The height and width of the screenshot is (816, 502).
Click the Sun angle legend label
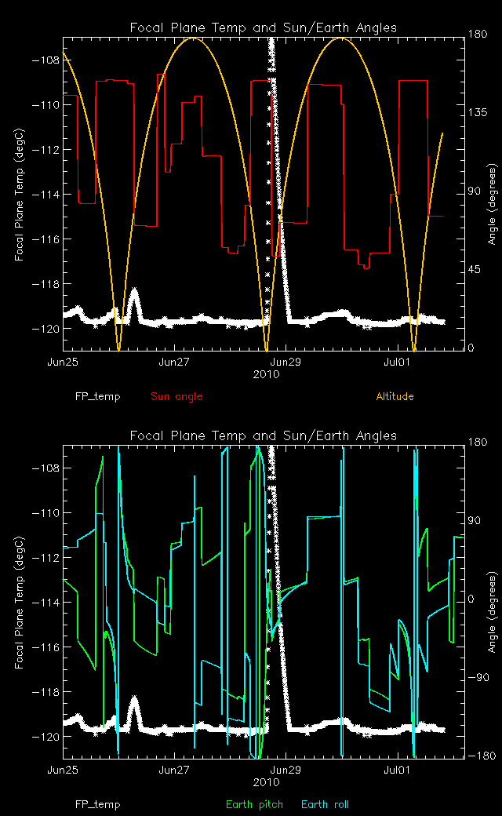tap(176, 396)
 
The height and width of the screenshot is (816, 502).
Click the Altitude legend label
tap(395, 396)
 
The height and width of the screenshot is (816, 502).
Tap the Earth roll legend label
tap(325, 804)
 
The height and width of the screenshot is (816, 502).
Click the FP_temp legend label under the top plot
tap(97, 396)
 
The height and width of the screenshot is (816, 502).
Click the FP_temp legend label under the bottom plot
tap(97, 804)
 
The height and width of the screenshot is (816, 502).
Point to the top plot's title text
tap(263, 27)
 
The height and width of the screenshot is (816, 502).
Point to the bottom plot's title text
tap(263, 435)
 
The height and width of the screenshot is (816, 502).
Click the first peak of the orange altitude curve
tap(193, 38)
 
